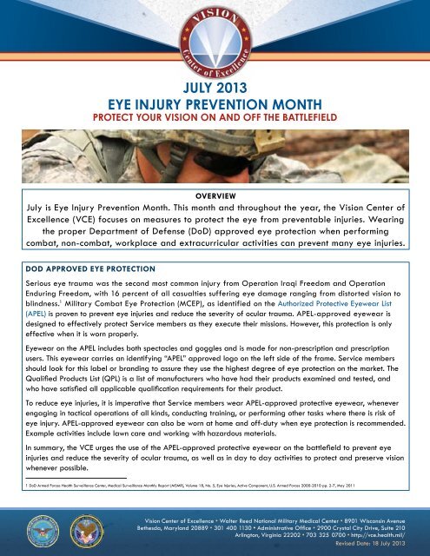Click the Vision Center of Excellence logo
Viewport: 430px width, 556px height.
pyautogui.click(x=215, y=39)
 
